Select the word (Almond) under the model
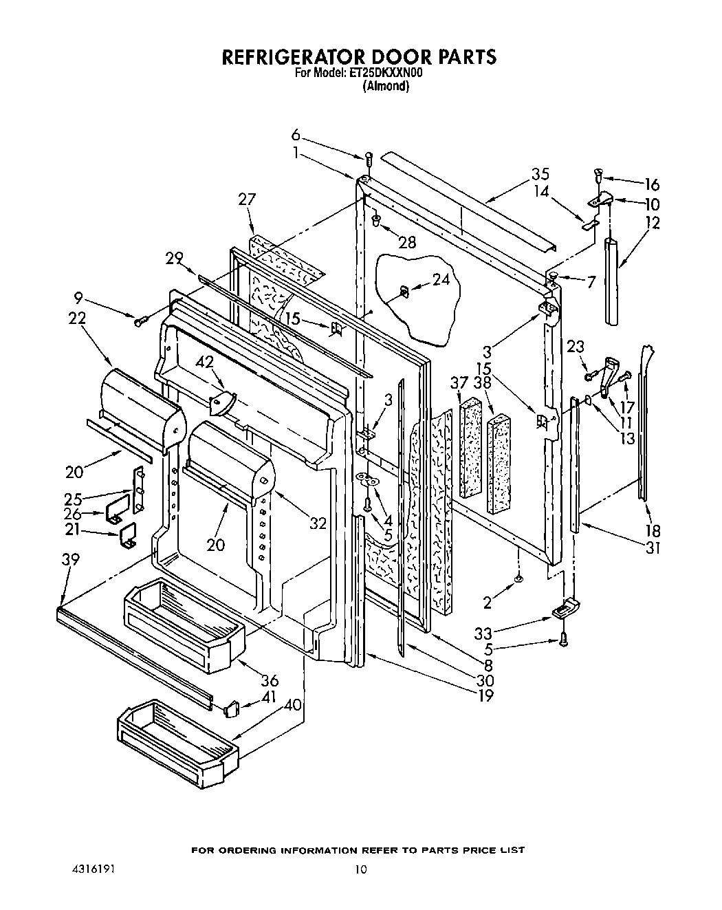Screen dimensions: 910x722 pyautogui.click(x=386, y=87)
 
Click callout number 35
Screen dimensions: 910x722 pyautogui.click(x=539, y=174)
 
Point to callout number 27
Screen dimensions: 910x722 pyautogui.click(x=246, y=199)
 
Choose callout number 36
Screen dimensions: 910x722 pyautogui.click(x=270, y=680)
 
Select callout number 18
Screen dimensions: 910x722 pyautogui.click(x=652, y=530)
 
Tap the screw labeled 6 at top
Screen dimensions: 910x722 pyautogui.click(x=369, y=158)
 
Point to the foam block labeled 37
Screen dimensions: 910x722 pyautogui.click(x=471, y=447)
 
